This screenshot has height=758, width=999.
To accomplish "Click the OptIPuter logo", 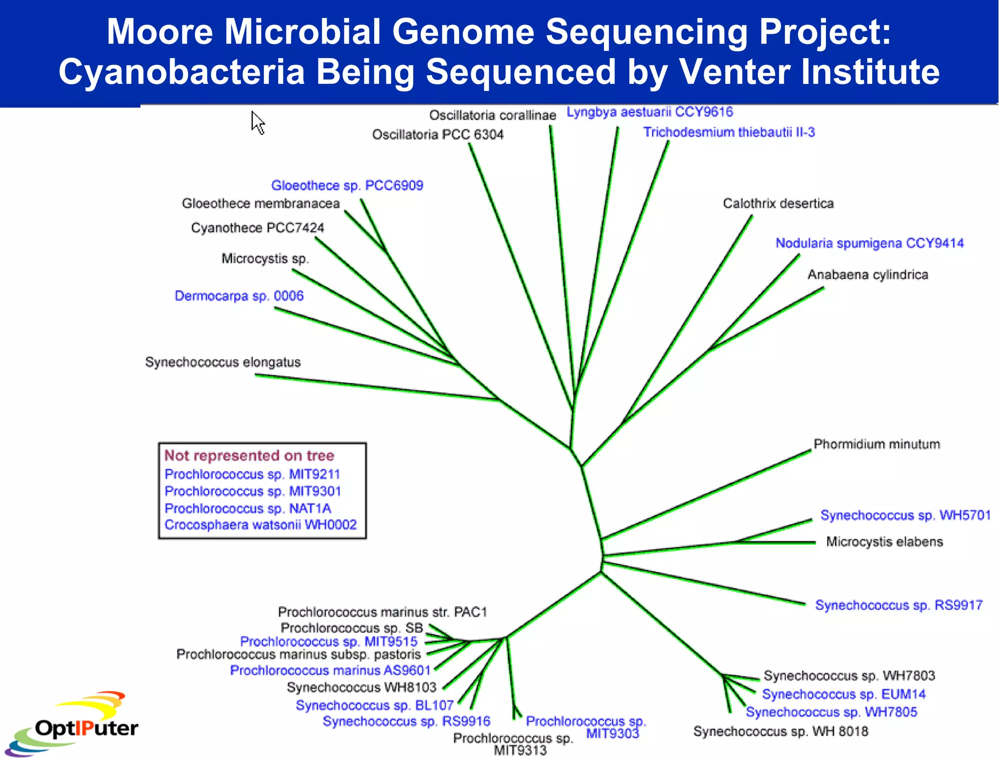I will [x=73, y=725].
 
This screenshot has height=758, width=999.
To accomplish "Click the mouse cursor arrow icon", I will [x=258, y=123].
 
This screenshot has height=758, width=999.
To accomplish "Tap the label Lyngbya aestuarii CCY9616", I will [x=649, y=112].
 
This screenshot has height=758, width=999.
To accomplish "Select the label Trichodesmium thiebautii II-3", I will [x=729, y=132].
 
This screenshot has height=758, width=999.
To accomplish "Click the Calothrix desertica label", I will [x=778, y=204].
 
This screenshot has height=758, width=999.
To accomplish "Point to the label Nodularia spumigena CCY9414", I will [x=869, y=243].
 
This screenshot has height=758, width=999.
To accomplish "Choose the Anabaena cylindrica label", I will [x=867, y=275].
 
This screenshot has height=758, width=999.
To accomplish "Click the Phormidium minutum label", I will [x=877, y=444].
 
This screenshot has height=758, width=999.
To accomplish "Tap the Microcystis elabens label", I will [x=884, y=542].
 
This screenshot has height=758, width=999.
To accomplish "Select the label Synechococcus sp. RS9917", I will [x=899, y=605].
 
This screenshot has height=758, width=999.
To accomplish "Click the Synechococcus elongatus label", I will [x=223, y=362].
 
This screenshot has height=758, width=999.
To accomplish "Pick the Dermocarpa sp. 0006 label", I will [x=239, y=296].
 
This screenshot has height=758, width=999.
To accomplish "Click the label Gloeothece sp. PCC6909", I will [x=347, y=185].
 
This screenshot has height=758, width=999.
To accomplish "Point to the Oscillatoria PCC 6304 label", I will [x=438, y=135].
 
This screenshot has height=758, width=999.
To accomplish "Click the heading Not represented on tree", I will [x=249, y=455].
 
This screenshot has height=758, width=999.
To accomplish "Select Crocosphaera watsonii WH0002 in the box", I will [x=260, y=525].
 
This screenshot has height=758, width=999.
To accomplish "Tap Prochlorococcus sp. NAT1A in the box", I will [x=248, y=509].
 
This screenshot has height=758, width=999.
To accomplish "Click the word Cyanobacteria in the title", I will [x=181, y=72].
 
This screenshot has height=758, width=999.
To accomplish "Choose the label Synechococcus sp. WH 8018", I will [x=780, y=731].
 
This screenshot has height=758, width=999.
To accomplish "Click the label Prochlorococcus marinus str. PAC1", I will [x=382, y=612].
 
